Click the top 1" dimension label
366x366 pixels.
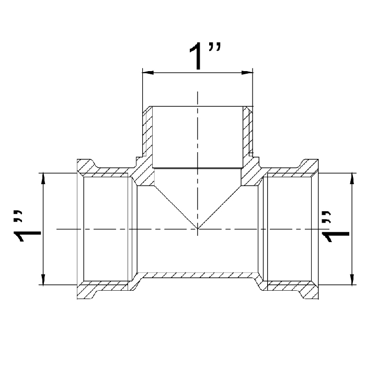click(x=204, y=56)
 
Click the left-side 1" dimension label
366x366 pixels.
click(x=28, y=226)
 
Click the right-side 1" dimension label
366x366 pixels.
click(x=335, y=226)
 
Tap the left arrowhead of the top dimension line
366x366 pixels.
click(x=148, y=73)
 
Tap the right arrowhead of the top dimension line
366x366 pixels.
click(x=247, y=73)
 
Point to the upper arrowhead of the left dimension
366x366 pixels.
click(x=43, y=179)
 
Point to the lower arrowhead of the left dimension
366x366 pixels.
click(x=43, y=279)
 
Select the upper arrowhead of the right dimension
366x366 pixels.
click(x=352, y=179)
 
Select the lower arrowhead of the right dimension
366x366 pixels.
click(x=352, y=279)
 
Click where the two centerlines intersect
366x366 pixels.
click(x=198, y=229)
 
